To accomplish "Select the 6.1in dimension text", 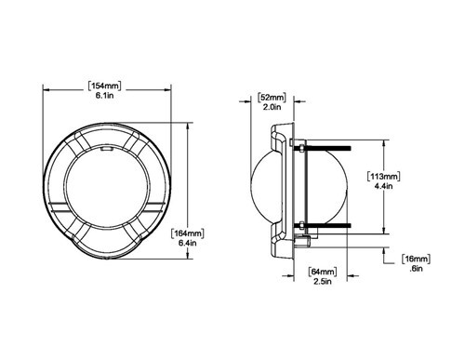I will tap(109, 97).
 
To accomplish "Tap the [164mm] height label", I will tap(186, 233).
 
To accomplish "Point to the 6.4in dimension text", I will tap(186, 244).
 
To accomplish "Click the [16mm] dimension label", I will tap(415, 258).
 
